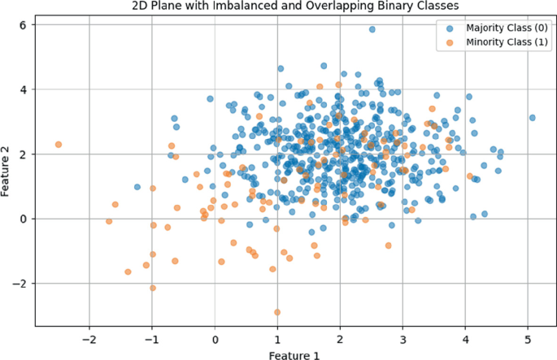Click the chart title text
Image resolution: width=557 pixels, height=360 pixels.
(x=278, y=7)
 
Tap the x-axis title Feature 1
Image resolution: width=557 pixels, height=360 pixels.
(x=278, y=354)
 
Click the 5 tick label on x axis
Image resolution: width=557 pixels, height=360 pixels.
(x=529, y=339)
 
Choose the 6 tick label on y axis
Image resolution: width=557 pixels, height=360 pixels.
(x=24, y=24)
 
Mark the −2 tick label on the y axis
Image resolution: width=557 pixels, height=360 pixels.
(x=20, y=284)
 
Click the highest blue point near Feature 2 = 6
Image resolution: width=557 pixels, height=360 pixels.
(x=372, y=29)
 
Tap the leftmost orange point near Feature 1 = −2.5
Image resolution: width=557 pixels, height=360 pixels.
(x=59, y=145)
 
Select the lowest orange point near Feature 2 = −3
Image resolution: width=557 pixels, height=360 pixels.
(x=277, y=312)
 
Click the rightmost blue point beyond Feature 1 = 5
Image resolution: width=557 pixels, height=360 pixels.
(x=533, y=118)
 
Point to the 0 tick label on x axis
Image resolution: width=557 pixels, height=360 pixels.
(x=215, y=339)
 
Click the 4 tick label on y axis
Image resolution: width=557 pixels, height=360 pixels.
(x=24, y=89)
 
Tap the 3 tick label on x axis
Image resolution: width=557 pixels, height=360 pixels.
(x=403, y=339)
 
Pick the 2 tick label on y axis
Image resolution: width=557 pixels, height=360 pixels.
(x=24, y=154)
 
